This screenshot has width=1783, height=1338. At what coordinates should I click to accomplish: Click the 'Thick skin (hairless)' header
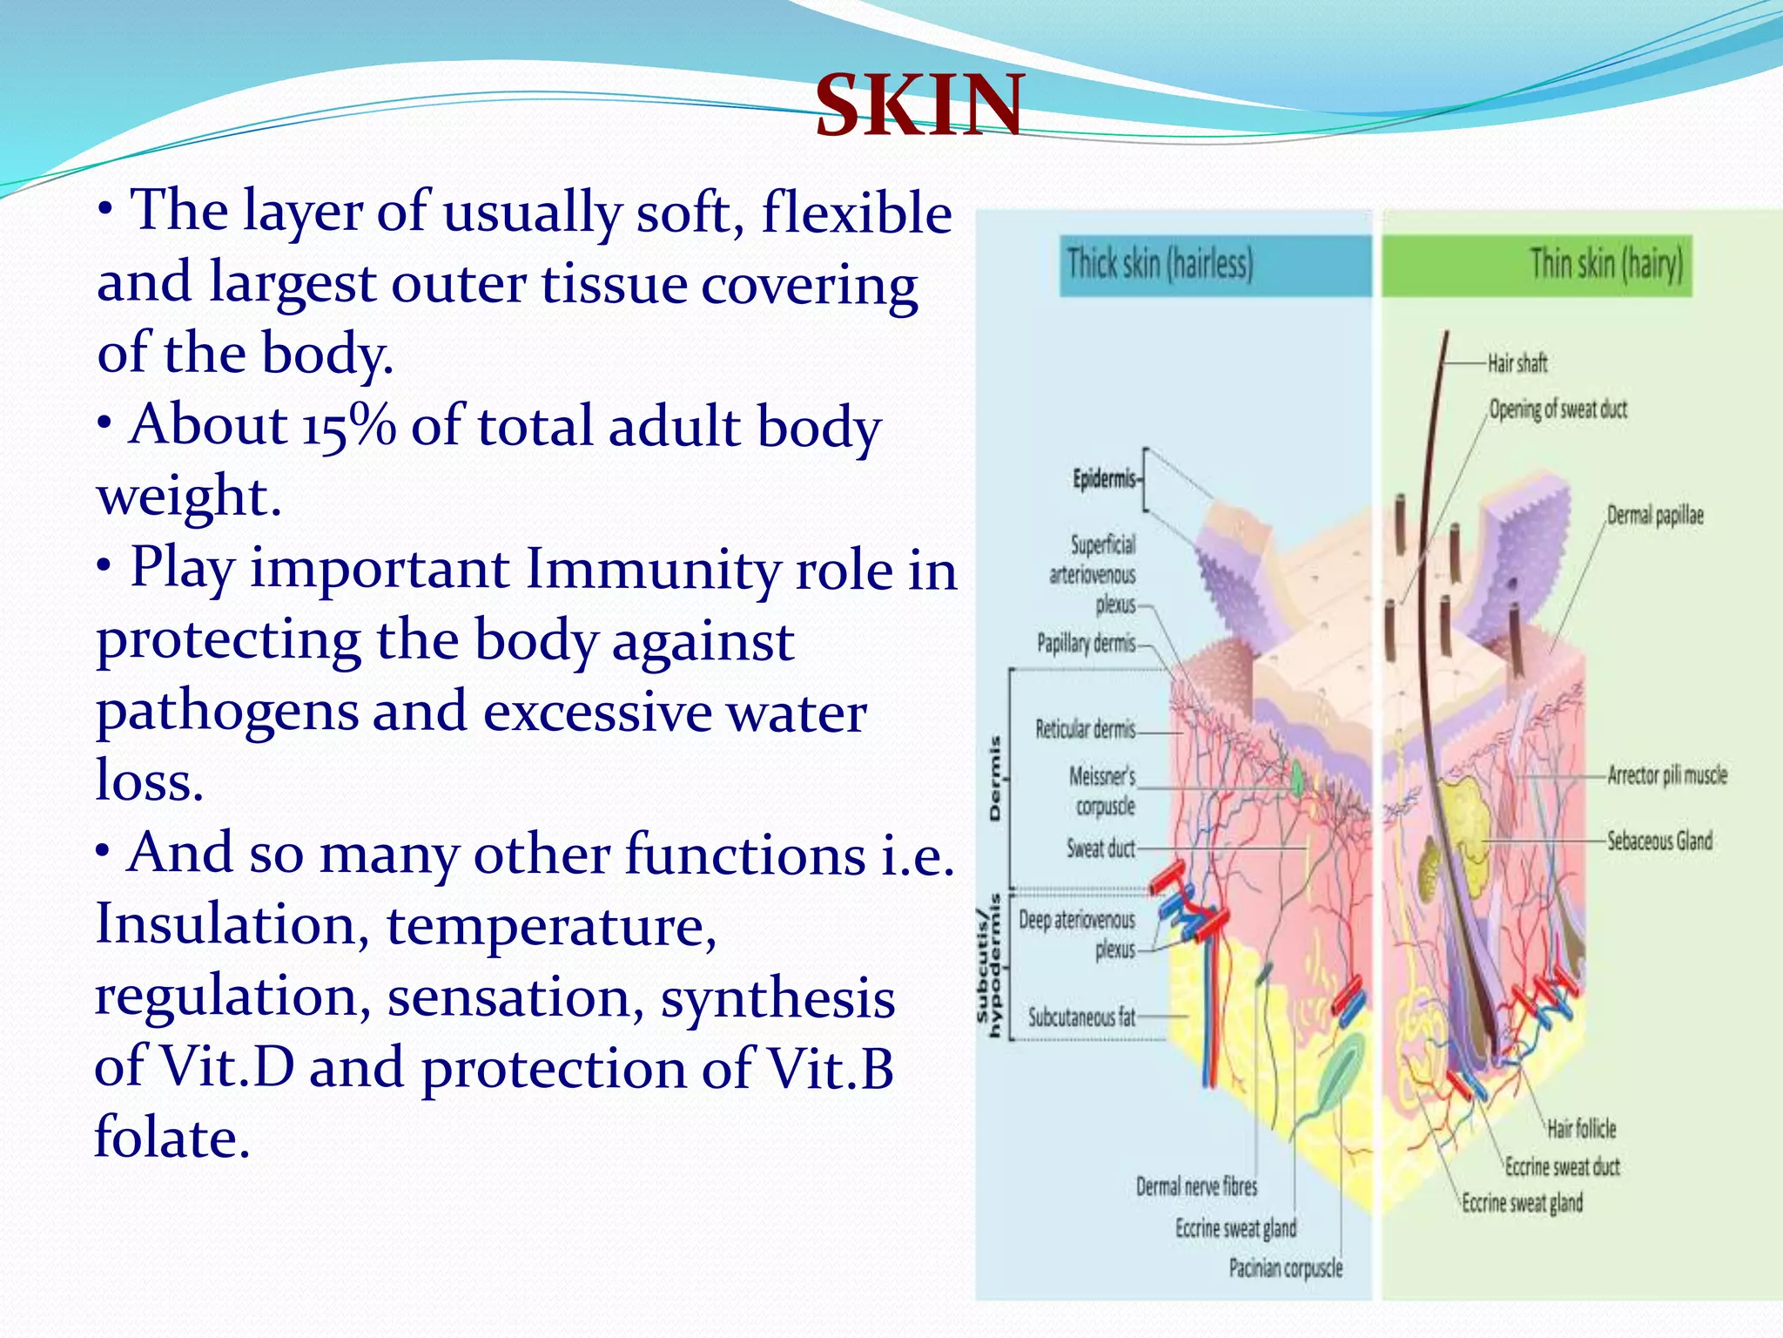pos(1160,263)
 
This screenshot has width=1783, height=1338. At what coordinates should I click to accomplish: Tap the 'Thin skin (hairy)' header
pos(1606,263)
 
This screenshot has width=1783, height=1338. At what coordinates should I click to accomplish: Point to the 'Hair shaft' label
pos(1517,363)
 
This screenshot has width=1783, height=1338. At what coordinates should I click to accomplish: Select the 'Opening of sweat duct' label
pos(1558,409)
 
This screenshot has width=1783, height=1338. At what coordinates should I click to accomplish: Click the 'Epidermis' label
pos(1104,479)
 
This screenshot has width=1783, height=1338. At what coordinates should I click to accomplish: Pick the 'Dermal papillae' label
pos(1654,516)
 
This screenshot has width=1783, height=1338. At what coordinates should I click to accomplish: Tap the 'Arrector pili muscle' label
pos(1666,775)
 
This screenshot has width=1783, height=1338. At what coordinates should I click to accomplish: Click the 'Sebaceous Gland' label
pos(1659,841)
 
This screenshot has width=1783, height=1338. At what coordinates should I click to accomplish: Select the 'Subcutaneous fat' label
pos(1081,1017)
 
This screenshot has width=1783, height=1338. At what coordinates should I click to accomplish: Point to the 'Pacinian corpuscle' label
pos(1285,1268)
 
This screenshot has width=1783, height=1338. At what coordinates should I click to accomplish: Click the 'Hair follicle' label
pos(1581,1129)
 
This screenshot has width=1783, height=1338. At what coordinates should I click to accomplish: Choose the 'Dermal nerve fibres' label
pos(1196,1186)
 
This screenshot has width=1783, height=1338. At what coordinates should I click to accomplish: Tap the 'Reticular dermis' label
pos(1085,729)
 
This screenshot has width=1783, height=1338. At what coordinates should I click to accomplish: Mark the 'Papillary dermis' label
pos(1086,644)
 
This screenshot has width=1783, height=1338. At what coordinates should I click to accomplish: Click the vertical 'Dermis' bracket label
pos(995,778)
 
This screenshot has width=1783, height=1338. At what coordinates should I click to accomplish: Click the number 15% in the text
pos(348,427)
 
